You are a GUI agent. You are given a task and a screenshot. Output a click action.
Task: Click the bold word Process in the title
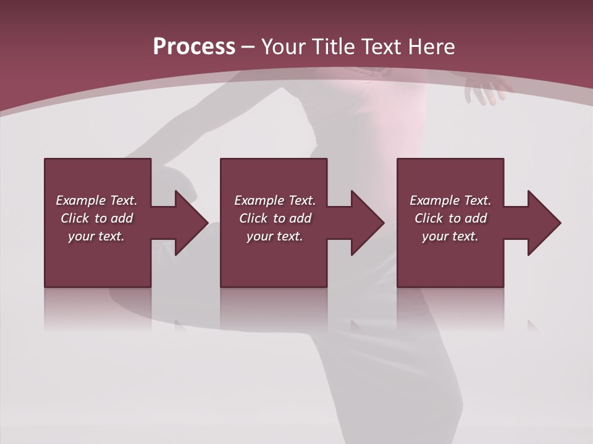[x=194, y=47]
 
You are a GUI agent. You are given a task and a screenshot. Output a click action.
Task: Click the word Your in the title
[x=284, y=47]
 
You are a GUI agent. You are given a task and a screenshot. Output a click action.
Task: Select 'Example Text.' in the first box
[x=97, y=200]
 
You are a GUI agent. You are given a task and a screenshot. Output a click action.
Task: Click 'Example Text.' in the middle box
[x=275, y=200]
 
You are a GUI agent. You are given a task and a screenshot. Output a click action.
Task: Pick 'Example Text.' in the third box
[x=450, y=200]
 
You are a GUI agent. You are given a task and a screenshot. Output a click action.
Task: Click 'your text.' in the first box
[x=96, y=236]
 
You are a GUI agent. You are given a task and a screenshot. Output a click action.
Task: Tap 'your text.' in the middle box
[x=274, y=236]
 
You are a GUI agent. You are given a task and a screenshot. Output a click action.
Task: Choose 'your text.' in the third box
[x=450, y=236]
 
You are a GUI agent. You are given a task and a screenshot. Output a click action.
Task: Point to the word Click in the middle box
[x=253, y=218]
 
